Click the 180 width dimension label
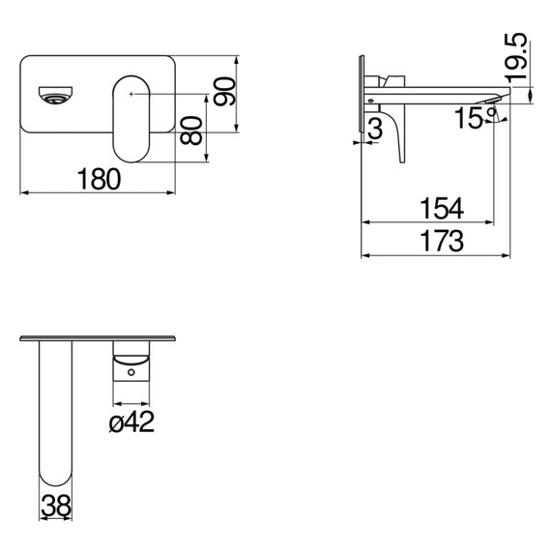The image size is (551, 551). [x=99, y=179]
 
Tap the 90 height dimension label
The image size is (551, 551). [x=224, y=92]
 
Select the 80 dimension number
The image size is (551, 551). [x=191, y=130]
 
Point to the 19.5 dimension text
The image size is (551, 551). [x=517, y=58]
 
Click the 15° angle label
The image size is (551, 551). [x=475, y=118]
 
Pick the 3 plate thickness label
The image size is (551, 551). [x=376, y=129]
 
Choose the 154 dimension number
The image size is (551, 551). [x=442, y=209]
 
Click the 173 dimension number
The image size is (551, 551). [x=442, y=241]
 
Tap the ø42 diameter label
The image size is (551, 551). [x=131, y=421]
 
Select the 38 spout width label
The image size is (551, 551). [x=56, y=506]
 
